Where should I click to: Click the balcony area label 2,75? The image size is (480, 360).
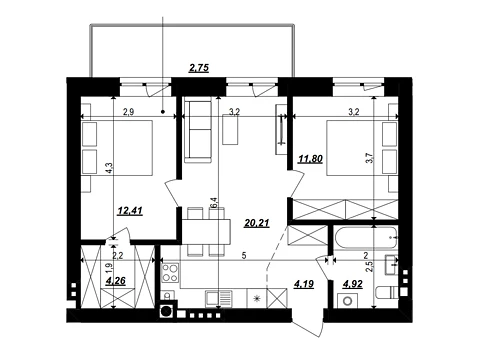point(199,68)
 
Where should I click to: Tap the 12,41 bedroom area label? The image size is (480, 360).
point(130,211)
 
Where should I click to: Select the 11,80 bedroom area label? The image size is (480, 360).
point(310,159)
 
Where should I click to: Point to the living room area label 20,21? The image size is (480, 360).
point(257,223)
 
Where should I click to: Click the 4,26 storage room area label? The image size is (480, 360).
point(115,281)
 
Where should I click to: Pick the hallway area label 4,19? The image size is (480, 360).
point(304,284)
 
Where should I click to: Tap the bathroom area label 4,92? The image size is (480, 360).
point(353,284)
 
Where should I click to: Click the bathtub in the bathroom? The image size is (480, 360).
point(366,238)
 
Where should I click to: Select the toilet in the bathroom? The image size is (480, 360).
point(387,293)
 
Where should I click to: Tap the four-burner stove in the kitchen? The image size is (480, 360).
point(170,273)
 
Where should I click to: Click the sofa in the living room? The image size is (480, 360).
point(198,132)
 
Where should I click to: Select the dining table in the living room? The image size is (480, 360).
point(206,231)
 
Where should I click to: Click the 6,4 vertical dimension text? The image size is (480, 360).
point(214,203)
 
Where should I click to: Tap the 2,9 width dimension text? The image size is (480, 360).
point(128,112)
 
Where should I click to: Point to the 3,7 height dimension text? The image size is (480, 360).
point(369,157)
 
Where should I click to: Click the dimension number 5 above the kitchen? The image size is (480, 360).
point(244,256)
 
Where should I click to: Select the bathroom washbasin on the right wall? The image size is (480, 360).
point(391,265)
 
